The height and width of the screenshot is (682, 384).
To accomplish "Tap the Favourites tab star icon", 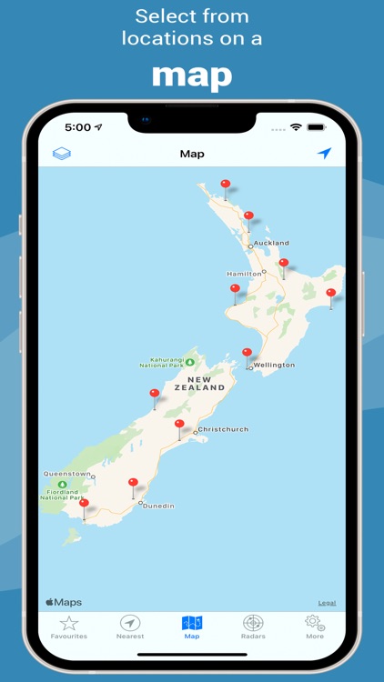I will tap(69, 623).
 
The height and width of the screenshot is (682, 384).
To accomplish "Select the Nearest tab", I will tap(130, 624).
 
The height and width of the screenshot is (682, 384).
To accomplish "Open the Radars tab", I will tap(253, 624).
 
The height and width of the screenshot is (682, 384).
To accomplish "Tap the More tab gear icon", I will tap(315, 623).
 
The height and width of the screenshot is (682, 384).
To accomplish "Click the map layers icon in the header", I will tap(61, 154).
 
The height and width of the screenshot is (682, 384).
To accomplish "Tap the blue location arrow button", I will tap(324, 154).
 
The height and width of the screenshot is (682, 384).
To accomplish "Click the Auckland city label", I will tap(271, 243).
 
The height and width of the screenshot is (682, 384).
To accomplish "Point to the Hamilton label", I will tap(243, 274).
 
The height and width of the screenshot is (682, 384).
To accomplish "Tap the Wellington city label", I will tap(274, 365).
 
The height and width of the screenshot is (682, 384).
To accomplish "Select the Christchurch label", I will tap(223, 429).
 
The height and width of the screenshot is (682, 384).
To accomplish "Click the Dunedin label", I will tap(160, 506).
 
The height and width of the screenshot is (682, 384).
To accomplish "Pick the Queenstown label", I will tap(66, 474).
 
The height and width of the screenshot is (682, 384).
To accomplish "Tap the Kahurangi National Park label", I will tap(162, 361).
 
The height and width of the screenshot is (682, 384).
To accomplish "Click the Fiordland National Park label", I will tap(62, 494).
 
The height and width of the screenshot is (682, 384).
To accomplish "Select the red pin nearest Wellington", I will tap(247, 353).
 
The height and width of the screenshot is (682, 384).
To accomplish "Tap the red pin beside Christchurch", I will tap(179, 425).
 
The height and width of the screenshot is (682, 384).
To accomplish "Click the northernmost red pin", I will tap(226, 185).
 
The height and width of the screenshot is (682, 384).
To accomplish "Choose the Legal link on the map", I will tap(327, 603).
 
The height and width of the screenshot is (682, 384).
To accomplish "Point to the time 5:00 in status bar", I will tap(78, 128).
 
